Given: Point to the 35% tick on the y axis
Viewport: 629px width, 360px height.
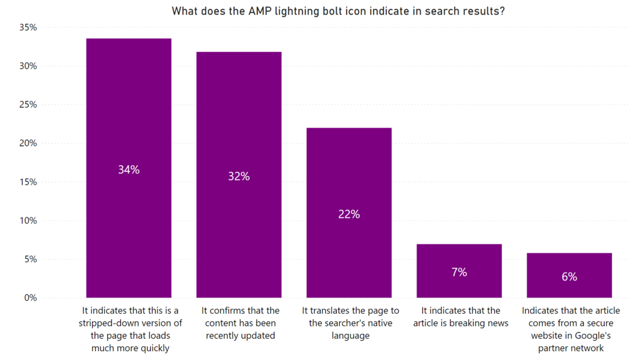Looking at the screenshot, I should pos(28,27).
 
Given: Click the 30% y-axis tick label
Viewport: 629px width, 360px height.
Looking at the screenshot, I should pos(28,66).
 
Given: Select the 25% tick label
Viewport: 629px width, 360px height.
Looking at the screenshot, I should pos(28,105).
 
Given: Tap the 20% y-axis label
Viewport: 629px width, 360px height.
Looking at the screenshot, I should pos(28,143).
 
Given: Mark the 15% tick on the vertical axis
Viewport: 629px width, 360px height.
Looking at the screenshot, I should pos(28,182).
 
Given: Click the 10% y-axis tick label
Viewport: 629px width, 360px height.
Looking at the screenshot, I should pos(28,221).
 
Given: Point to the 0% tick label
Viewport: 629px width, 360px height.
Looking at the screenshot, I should pos(30,298).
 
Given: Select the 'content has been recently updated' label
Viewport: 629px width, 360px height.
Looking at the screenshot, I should pos(240,323).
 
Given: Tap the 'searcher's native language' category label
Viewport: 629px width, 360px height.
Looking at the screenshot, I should pos(350,323).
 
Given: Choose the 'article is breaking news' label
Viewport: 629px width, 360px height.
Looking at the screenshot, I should pos(461,317).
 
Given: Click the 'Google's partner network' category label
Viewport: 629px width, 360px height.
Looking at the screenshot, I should pos(571,329).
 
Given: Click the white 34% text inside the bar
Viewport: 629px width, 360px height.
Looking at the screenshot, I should pos(129,170).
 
